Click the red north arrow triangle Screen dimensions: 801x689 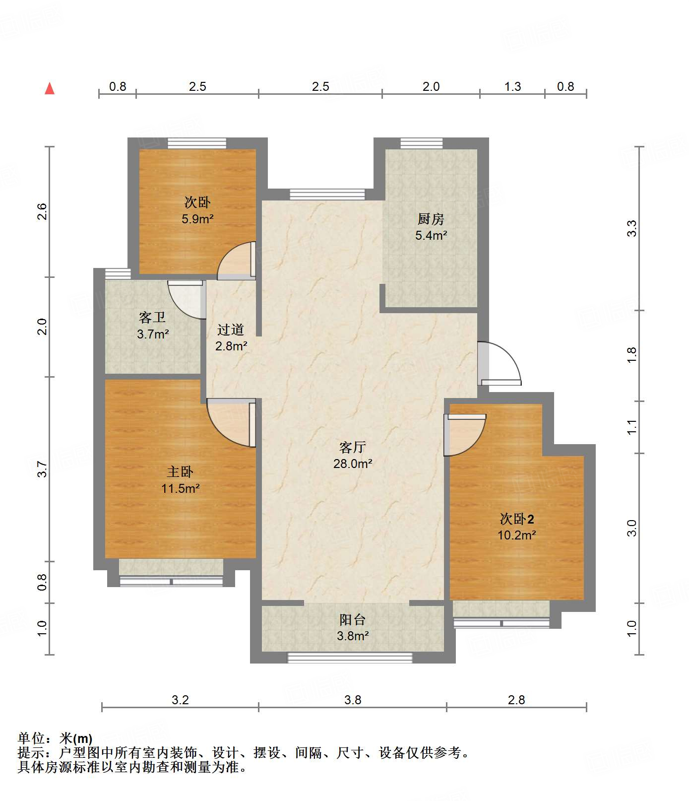50,88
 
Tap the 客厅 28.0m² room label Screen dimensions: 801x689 353,455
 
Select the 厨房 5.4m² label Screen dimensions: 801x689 431,227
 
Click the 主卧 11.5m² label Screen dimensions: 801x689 180,480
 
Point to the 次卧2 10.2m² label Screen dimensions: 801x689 516,527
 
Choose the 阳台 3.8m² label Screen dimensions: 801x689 353,627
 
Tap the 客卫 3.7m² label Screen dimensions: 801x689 152,325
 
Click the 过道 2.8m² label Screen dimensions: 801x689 231,337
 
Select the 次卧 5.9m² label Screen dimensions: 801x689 197,210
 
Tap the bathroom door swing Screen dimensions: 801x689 187,300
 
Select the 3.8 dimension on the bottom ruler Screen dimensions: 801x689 353,700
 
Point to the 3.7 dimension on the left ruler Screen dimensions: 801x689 43,469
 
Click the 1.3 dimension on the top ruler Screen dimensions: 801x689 512,87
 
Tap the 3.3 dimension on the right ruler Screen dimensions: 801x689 631,228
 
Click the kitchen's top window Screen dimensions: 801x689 421,143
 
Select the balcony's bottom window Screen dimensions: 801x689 350,658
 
